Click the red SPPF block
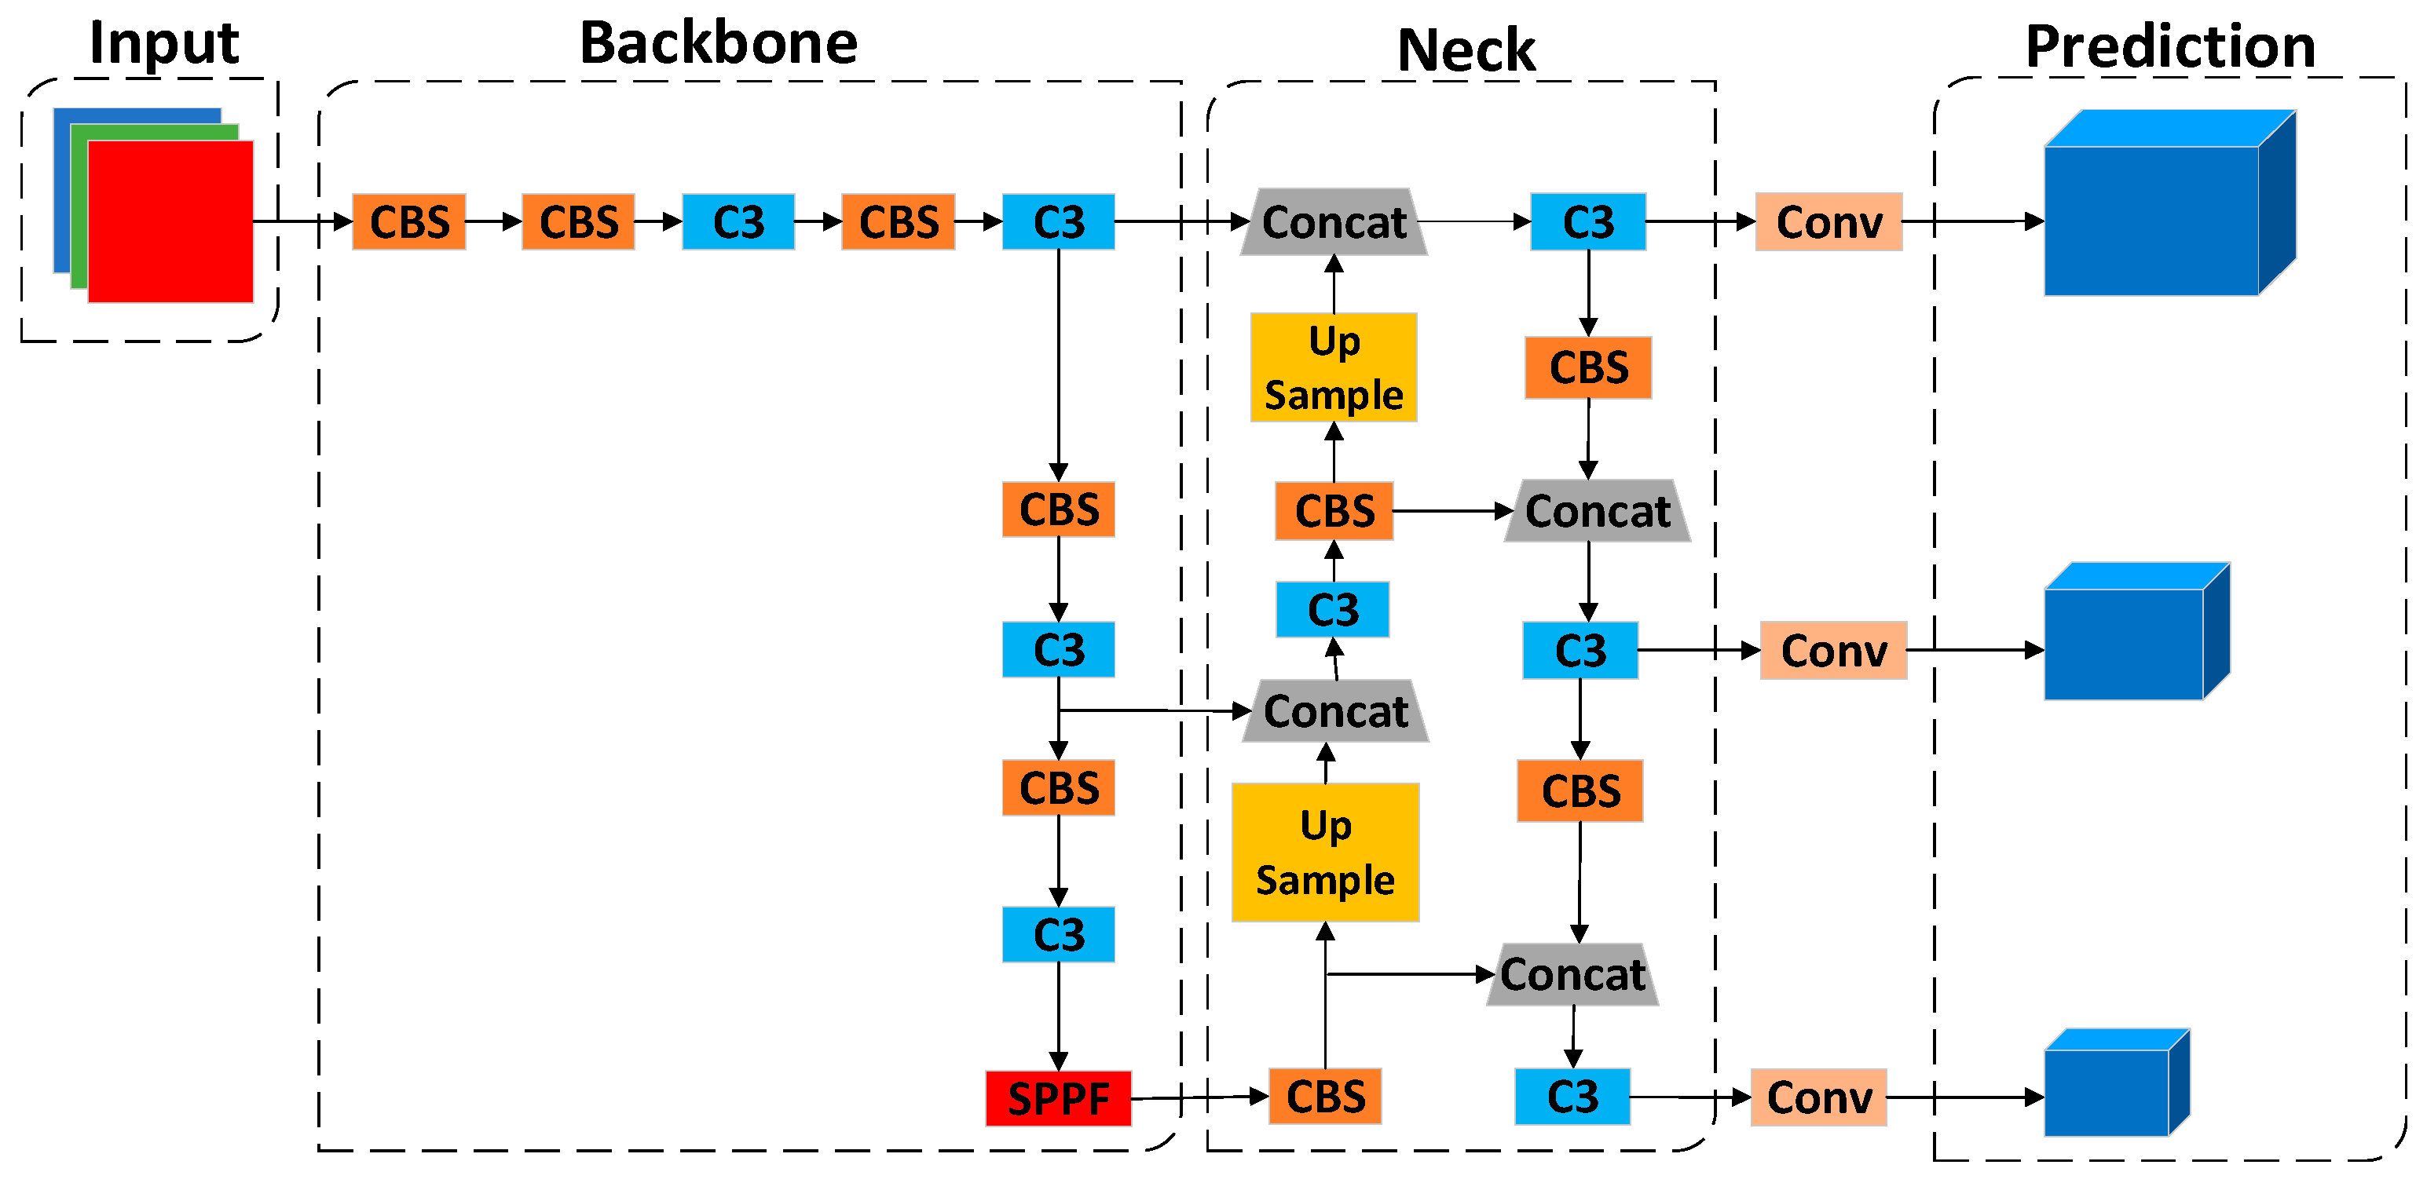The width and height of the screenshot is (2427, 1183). click(x=1058, y=1098)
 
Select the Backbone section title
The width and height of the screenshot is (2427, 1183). click(x=718, y=43)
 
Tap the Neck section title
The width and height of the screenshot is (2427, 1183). click(x=1466, y=50)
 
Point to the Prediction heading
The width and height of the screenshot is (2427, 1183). click(x=2170, y=46)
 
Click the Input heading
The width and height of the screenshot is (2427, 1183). click(x=164, y=43)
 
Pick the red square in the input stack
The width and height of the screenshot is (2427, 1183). click(x=170, y=222)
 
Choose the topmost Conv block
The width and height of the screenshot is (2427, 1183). click(x=1828, y=222)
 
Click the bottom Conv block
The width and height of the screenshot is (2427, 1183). click(x=1818, y=1097)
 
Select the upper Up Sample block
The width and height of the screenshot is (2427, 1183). click(x=1333, y=367)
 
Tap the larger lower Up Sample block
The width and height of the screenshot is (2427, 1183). click(x=1325, y=853)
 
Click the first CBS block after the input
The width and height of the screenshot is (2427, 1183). click(x=409, y=222)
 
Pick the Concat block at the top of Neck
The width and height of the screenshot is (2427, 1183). click(x=1333, y=222)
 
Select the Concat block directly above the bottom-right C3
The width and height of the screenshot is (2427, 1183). click(x=1572, y=975)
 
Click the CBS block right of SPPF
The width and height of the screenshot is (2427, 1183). click(x=1325, y=1097)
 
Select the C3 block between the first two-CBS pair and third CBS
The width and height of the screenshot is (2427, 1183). click(x=738, y=222)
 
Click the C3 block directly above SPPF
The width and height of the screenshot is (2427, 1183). click(x=1058, y=934)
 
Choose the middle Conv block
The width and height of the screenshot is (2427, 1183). click(x=1833, y=651)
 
